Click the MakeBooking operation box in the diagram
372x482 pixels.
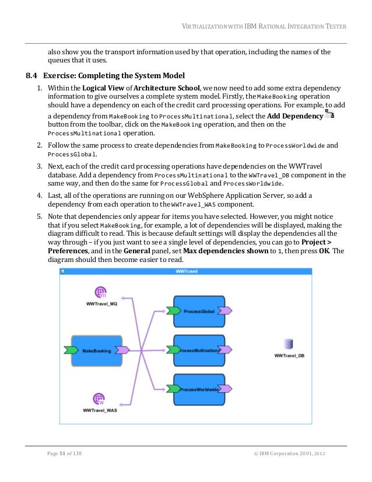[97, 351]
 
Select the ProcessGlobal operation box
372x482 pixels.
[199, 312]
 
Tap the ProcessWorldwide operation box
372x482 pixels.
[199, 389]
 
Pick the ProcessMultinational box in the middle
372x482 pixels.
[199, 351]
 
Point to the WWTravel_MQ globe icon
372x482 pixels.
[101, 293]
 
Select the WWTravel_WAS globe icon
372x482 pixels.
[100, 399]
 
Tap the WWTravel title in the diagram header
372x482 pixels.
[187, 271]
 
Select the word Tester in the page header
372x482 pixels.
[334, 26]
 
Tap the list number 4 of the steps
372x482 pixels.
[34, 196]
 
